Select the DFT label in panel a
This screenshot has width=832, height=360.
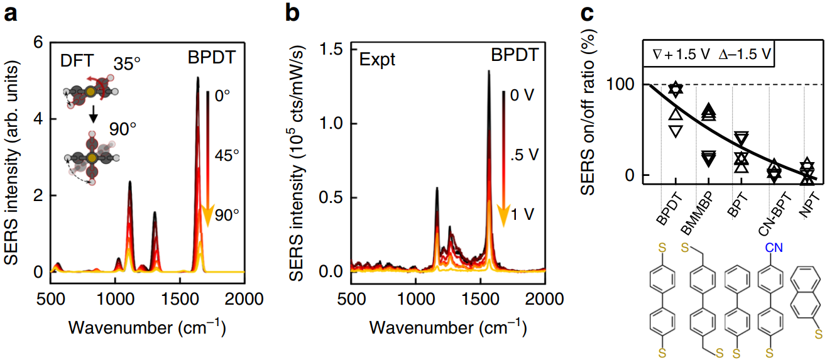click(x=77, y=60)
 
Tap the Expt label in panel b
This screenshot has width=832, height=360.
click(x=378, y=60)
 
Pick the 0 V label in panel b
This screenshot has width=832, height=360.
click(x=522, y=97)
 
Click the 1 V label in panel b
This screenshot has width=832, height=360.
click(x=523, y=215)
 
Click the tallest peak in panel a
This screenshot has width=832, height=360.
click(x=198, y=79)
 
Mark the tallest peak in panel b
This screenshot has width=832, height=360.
click(x=489, y=72)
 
